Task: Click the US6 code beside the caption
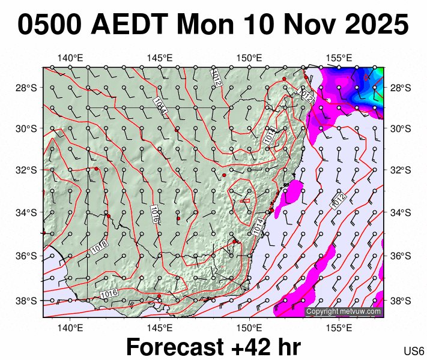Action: (414, 351)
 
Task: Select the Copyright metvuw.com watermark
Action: (344, 311)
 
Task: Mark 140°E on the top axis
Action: (70, 58)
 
